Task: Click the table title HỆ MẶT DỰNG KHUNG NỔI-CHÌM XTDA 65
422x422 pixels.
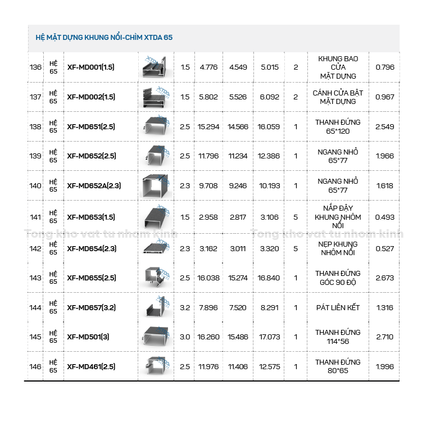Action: pos(104,38)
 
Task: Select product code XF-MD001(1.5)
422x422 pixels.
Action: pos(90,67)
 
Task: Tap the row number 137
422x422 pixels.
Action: pos(35,97)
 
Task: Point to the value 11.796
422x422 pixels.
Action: pos(208,156)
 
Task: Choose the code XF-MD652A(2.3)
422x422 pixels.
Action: pos(94,185)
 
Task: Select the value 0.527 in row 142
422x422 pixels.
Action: pos(385,248)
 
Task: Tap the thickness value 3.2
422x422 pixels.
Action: pos(185,307)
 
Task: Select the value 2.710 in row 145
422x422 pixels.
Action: pos(385,337)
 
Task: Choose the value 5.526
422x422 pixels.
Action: pos(238,97)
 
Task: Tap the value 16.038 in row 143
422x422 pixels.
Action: pos(208,278)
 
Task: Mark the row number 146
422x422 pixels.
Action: pos(35,367)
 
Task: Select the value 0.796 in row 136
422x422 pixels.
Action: pos(385,67)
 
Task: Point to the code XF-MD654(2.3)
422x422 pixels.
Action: pos(92,248)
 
